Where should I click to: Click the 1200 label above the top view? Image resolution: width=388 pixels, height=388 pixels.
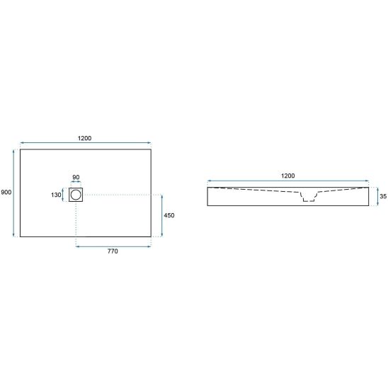pos(85,138)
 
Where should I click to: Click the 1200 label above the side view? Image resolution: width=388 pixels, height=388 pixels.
pos(288,176)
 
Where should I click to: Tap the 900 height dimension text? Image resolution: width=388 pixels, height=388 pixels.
pos(6,193)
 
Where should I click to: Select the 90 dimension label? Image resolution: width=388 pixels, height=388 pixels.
pos(76,178)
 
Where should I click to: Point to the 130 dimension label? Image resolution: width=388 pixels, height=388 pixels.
pos(56,195)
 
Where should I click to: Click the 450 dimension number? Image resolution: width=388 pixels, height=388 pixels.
pos(169,215)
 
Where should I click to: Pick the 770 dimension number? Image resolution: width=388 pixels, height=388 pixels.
pos(113,251)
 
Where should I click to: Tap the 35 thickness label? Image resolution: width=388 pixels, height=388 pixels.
pos(383,196)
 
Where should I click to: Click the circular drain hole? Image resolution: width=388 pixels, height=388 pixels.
pos(76,195)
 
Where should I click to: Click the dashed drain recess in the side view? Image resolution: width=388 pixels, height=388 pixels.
pos(309,197)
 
